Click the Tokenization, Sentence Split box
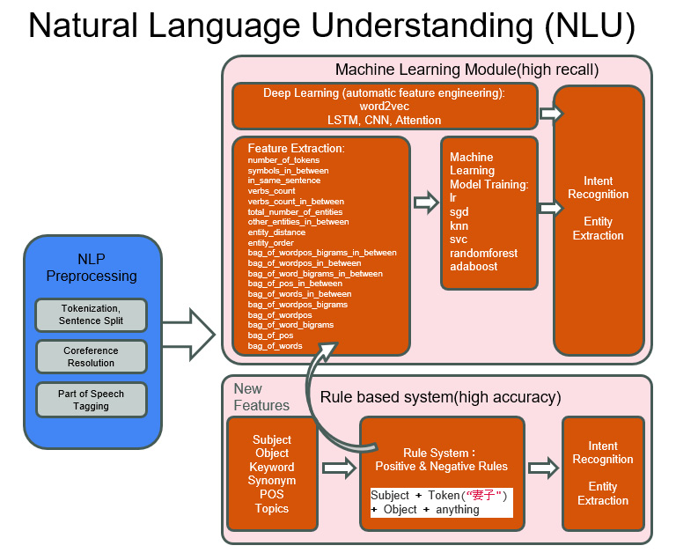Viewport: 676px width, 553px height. click(92, 314)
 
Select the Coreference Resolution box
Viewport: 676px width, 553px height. click(92, 356)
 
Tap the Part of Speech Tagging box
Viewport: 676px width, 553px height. click(92, 399)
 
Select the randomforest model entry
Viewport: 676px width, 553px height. click(483, 253)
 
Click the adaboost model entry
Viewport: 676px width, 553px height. click(474, 266)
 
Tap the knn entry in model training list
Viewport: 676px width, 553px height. click(459, 225)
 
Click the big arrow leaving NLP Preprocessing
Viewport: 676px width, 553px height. click(189, 334)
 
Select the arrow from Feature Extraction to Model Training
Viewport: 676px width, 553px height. click(426, 203)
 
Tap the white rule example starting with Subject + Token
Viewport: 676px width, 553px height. click(439, 502)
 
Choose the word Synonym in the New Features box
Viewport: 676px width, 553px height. click(271, 481)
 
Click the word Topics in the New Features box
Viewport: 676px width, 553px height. click(271, 508)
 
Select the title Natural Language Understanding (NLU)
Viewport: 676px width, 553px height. click(331, 26)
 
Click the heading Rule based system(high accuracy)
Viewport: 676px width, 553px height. click(440, 397)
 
